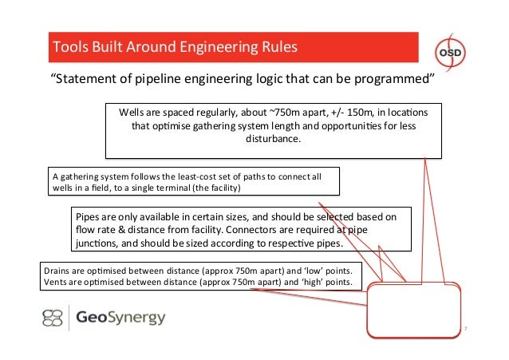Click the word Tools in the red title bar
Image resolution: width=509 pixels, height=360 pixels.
(x=68, y=47)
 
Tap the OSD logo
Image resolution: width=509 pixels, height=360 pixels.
(x=454, y=47)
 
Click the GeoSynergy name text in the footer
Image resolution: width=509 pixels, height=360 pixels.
(x=120, y=318)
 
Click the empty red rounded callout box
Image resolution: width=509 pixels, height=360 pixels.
(x=414, y=311)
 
